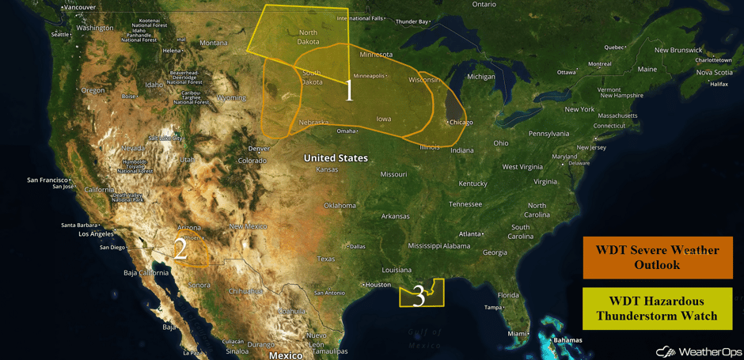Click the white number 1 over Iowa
[349, 91]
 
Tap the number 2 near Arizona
[180, 249]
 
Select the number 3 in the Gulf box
[419, 297]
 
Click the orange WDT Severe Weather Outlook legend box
[658, 257]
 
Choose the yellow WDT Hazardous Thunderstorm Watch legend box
[657, 309]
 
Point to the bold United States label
[336, 158]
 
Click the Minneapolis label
[370, 76]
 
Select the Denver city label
[259, 149]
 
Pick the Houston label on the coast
[378, 285]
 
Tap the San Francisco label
[48, 180]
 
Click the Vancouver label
[78, 7]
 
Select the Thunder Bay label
[412, 21]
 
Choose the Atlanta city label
[472, 234]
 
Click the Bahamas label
[567, 340]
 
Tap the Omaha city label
[346, 131]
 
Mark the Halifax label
[719, 84]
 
